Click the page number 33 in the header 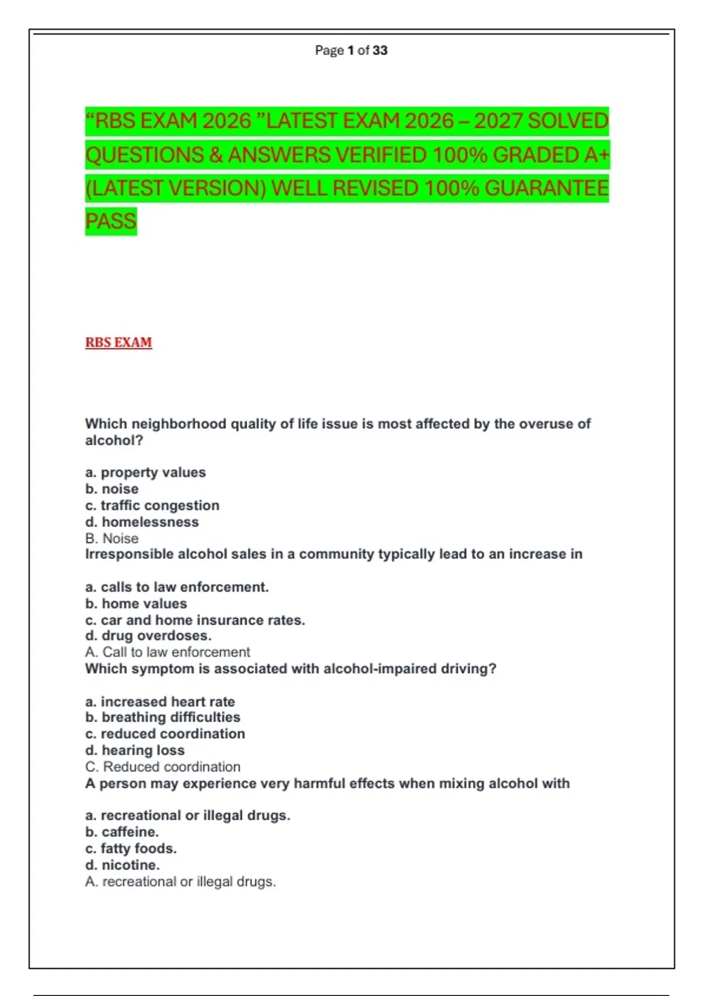coord(380,50)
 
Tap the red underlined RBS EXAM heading coord(118,342)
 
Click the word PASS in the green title coord(111,221)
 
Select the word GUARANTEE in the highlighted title coord(547,189)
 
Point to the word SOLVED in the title coord(568,121)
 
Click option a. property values coord(145,472)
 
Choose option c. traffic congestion coord(152,505)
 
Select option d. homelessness coord(142,521)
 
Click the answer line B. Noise coord(112,538)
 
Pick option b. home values coord(136,603)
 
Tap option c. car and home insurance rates coord(195,620)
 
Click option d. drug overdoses coord(148,636)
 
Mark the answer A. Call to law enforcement coord(168,652)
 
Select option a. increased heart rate coord(160,701)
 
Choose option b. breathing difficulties coord(163,717)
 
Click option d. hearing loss coord(135,750)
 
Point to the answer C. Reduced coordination coord(163,766)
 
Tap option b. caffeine coord(122,832)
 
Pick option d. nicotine coord(122,865)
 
